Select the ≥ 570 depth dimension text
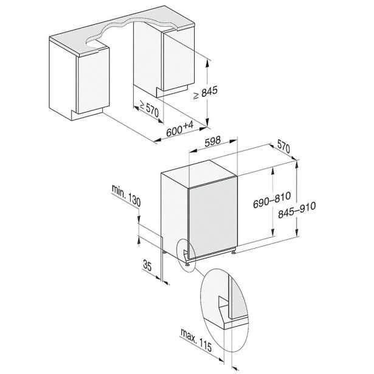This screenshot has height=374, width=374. click(148, 109)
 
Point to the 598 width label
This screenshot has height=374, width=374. click(212, 140)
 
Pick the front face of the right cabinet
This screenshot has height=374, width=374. click(179, 61)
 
